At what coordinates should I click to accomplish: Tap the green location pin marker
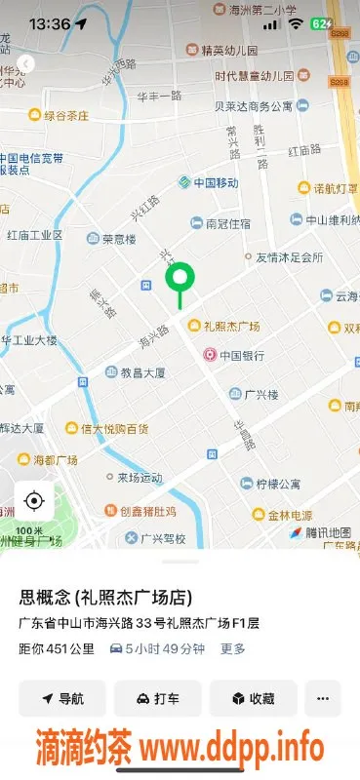tap(180, 280)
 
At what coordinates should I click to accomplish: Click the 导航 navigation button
tap(62, 698)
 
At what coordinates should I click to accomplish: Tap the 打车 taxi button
tap(157, 698)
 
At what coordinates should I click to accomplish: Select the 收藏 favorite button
tap(252, 698)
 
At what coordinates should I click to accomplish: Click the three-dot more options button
tap(323, 698)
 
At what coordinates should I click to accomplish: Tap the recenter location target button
tap(34, 501)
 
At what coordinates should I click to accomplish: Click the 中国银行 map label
tap(242, 356)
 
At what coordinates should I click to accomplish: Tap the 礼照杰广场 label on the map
tap(237, 326)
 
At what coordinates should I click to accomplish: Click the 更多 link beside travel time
tap(232, 648)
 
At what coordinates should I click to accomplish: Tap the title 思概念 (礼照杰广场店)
tap(104, 597)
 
